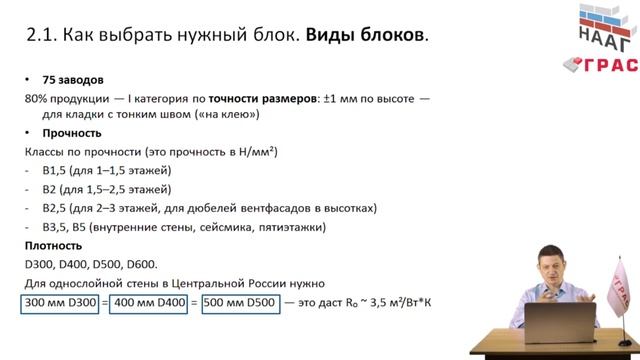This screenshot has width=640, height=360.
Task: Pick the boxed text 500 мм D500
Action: pyautogui.click(x=240, y=301)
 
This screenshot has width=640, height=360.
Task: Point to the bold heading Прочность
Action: pyautogui.click(x=72, y=132)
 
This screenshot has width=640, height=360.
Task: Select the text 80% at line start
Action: pyautogui.click(x=36, y=98)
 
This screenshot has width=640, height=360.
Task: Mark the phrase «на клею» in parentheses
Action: pyautogui.click(x=231, y=115)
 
